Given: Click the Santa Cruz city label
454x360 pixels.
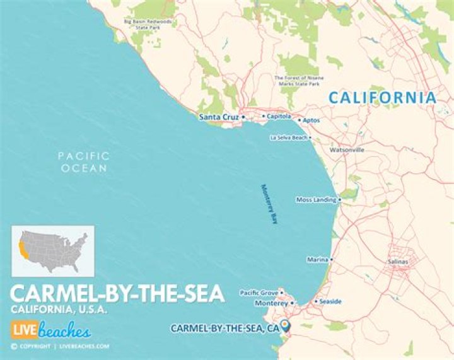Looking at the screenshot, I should click(218, 117).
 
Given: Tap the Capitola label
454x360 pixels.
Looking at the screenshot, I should click(279, 116).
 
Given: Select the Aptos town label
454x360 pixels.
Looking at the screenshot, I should click(311, 120).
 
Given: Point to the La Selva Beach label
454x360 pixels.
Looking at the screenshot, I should click(288, 137).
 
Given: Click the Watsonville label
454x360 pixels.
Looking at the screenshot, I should click(347, 151).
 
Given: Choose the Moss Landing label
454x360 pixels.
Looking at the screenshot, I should click(316, 199).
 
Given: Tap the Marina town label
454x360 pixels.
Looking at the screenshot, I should click(317, 259).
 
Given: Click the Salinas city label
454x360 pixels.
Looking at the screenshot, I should click(397, 262).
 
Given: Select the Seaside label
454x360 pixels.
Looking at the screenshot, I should click(330, 301).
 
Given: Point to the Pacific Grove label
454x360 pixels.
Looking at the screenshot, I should click(259, 293).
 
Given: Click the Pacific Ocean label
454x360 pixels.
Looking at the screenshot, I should click(83, 162).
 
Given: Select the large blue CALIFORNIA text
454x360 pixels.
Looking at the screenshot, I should click(382, 98).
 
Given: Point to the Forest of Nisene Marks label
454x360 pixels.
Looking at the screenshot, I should click(295, 80).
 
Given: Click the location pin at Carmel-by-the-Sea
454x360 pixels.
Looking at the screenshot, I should click(286, 325).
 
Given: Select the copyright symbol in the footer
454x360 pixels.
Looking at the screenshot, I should click(14, 346).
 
